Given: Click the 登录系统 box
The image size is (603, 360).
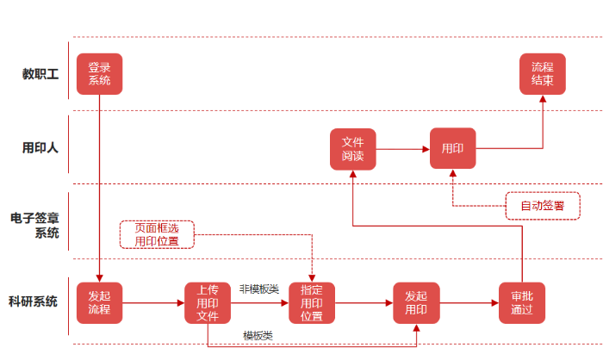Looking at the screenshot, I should tap(99, 74).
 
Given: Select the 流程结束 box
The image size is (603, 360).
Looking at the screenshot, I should tap(543, 74).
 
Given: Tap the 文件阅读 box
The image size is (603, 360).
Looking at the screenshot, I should tap(353, 149).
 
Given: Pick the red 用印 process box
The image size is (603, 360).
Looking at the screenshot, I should tap(453, 149).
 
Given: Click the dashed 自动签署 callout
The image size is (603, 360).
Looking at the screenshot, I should tap(542, 206).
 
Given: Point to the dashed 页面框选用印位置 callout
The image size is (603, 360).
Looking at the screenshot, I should tap(157, 234).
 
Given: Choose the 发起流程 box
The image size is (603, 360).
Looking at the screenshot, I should tap(99, 303).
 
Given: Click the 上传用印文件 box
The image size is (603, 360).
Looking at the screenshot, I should tap(208, 303).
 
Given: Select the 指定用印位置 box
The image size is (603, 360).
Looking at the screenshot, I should tap(312, 303).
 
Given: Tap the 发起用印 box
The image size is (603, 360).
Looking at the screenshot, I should tap(416, 303).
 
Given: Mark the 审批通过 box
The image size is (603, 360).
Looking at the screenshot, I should tap(522, 303).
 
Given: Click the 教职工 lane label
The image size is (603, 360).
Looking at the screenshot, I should tap(40, 74).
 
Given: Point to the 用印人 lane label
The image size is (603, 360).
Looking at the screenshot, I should tap(40, 147).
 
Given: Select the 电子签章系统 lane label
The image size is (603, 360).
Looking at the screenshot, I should tap(35, 226).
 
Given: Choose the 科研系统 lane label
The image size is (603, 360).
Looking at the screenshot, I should tap(34, 301).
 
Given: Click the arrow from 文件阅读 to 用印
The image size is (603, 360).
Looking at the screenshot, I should tap(403, 149).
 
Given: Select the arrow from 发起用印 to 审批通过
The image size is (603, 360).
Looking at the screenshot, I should tap(469, 303).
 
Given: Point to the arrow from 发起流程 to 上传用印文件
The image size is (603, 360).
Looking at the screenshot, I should tap(153, 303).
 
